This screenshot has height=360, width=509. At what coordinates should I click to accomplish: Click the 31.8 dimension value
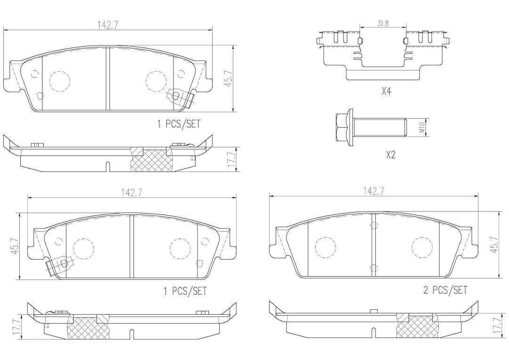coord(383,24)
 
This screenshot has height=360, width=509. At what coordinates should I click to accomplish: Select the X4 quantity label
coord(386,91)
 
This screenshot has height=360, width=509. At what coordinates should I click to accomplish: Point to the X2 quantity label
coord(391,155)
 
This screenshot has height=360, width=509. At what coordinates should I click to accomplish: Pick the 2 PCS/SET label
coord(445,290)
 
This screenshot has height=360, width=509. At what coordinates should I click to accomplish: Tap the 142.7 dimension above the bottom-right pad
coord(374,191)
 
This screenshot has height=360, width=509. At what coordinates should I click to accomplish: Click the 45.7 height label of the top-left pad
coord(229,78)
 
